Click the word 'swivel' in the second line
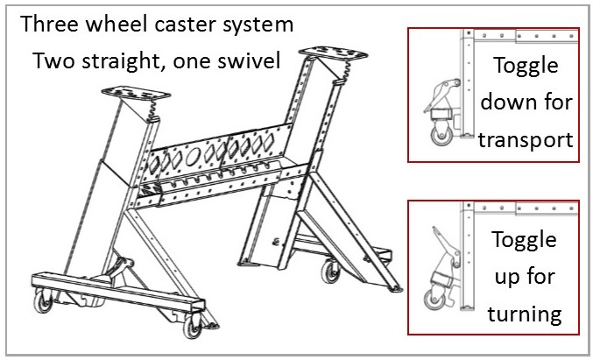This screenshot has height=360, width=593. pos(247,62)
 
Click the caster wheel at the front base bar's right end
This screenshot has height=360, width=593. pos(213,324)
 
